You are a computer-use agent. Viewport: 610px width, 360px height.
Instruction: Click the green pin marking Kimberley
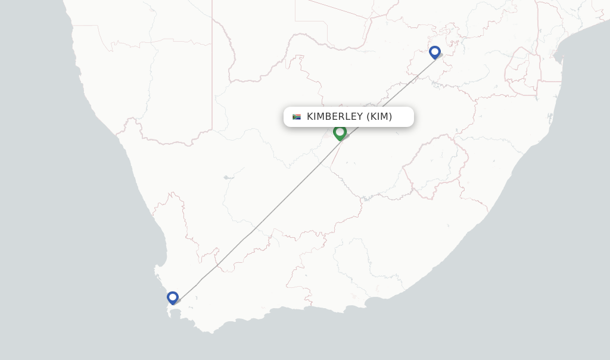(340, 132)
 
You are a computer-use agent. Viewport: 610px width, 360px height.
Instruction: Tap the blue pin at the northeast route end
(435, 52)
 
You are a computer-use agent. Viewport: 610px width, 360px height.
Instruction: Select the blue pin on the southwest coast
(173, 297)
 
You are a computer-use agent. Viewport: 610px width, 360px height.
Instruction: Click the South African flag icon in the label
(297, 117)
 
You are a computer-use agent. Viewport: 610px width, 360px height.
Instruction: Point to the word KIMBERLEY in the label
(333, 117)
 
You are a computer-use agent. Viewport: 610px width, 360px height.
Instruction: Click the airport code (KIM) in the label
(379, 117)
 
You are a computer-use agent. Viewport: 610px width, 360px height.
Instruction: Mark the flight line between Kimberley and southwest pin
(256, 227)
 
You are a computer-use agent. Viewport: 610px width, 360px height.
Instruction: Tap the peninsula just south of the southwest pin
(171, 312)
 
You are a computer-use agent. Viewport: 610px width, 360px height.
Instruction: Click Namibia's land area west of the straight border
(149, 89)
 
